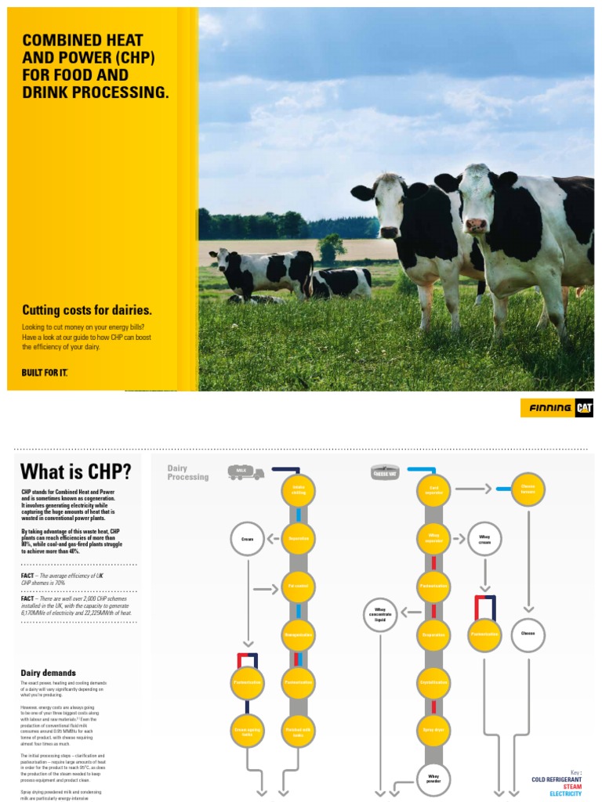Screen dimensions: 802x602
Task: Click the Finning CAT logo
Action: pyautogui.click(x=557, y=408)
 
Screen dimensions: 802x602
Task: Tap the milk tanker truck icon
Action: pyautogui.click(x=246, y=472)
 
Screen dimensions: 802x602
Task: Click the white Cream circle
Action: pyautogui.click(x=247, y=539)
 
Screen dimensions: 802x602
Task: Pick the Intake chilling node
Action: pyautogui.click(x=299, y=490)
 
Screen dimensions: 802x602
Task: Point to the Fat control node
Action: pyautogui.click(x=299, y=586)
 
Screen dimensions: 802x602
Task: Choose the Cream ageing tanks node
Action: pyautogui.click(x=248, y=730)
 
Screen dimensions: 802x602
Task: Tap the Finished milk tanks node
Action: pyautogui.click(x=299, y=730)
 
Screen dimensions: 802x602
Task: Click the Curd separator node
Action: pyautogui.click(x=433, y=490)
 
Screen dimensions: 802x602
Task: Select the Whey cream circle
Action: pyautogui.click(x=484, y=539)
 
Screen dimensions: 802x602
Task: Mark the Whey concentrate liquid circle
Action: pyautogui.click(x=381, y=614)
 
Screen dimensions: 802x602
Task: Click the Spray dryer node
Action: pyautogui.click(x=433, y=730)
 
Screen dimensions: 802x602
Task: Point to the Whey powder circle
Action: pyautogui.click(x=433, y=778)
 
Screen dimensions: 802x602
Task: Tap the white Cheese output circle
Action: pyautogui.click(x=528, y=635)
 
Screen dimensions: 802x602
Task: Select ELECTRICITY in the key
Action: pyautogui.click(x=565, y=793)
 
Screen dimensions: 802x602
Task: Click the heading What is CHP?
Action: pyautogui.click(x=75, y=471)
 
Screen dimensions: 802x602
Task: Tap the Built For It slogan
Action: pyautogui.click(x=45, y=372)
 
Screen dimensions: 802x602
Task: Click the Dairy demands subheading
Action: pyautogui.click(x=48, y=673)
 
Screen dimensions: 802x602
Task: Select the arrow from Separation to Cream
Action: pyautogui.click(x=273, y=539)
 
